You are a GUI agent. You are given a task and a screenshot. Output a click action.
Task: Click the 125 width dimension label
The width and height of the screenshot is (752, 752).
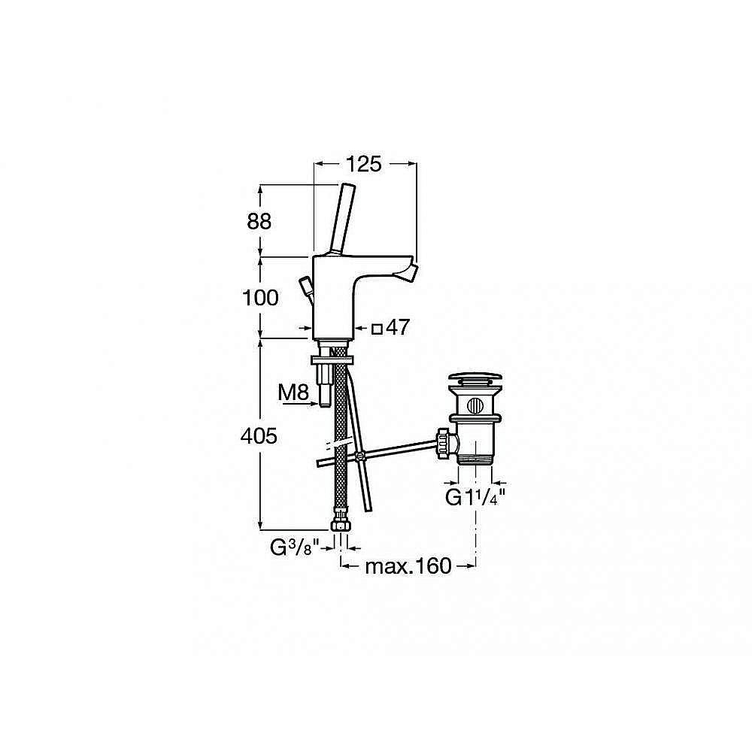pos(364,164)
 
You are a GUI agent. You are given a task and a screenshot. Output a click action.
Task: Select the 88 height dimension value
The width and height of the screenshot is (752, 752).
pos(259,222)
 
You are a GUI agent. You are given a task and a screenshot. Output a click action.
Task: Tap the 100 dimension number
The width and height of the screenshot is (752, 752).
pos(260,299)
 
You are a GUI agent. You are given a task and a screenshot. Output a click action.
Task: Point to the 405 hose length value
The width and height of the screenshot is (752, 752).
pos(259,436)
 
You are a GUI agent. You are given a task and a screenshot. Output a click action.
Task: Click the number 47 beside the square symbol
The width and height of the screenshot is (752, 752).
pos(398,328)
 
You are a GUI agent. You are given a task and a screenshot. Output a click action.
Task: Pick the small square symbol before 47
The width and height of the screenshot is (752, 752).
pos(378,329)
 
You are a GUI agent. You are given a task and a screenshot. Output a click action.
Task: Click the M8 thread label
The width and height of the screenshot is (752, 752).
pos(293,393)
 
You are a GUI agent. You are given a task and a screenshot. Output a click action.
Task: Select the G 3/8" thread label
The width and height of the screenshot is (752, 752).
pos(294,547)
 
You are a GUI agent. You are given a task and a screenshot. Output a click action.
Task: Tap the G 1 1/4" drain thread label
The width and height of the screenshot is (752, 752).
pos(475,497)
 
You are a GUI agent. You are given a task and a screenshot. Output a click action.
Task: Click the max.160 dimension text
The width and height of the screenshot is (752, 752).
pos(408,566)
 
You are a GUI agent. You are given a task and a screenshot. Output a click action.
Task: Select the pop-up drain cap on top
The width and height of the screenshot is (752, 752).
pos(475,378)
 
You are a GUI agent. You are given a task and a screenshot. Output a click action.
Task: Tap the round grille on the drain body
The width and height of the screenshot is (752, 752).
pos(475,406)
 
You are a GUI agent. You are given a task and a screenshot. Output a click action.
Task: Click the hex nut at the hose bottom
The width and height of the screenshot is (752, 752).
pos(341,522)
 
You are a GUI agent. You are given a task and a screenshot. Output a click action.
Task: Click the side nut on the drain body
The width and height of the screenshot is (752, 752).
pos(444,445)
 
